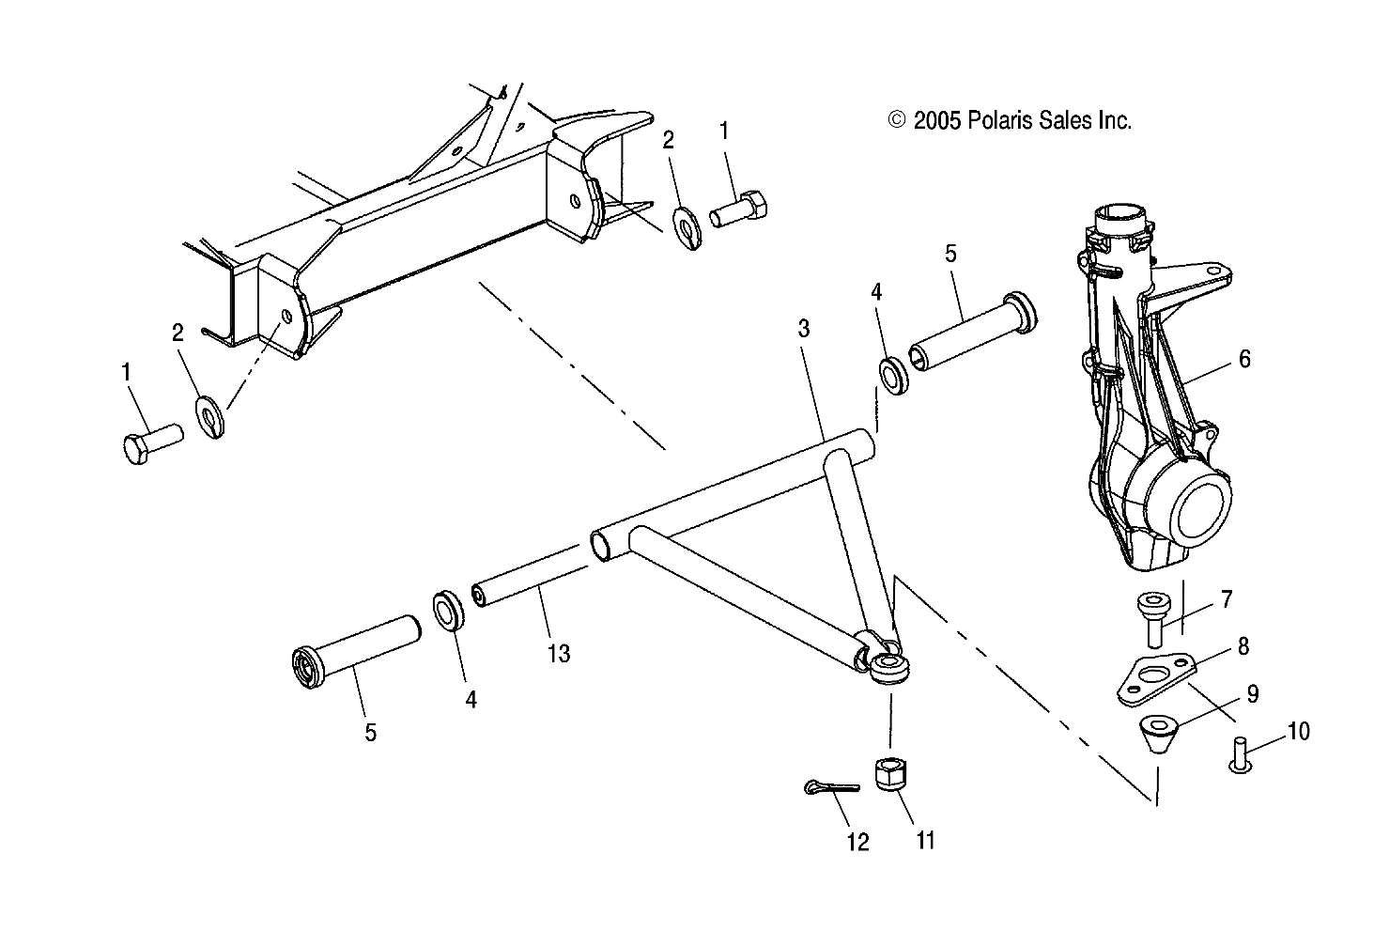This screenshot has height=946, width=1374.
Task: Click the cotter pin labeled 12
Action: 831,787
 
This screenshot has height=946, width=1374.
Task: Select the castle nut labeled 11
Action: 889,776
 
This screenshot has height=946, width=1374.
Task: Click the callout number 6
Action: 1244,359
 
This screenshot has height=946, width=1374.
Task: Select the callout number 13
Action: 559,653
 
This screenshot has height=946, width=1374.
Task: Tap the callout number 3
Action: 804,328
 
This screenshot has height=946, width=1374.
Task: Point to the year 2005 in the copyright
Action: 934,120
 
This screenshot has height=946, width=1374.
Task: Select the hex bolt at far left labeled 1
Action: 151,442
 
